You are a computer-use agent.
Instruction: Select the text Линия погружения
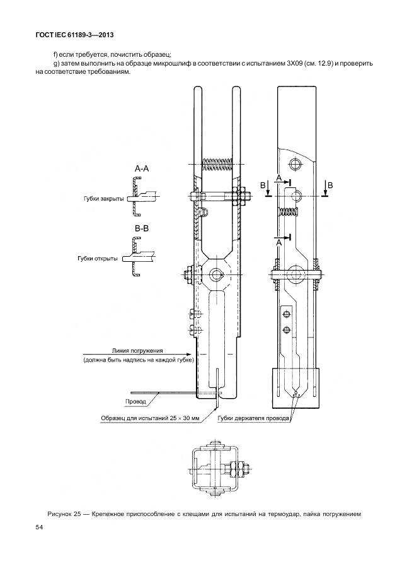tap(137, 350)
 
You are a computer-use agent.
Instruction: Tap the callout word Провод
tap(135, 401)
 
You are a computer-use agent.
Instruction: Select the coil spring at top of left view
tap(217, 165)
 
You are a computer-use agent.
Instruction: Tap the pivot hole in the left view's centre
tap(217, 274)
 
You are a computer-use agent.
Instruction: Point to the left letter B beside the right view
tap(263, 184)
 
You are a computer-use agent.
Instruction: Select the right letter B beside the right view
tap(330, 184)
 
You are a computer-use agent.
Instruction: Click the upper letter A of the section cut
tap(278, 179)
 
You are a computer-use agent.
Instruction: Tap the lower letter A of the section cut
tap(278, 242)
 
